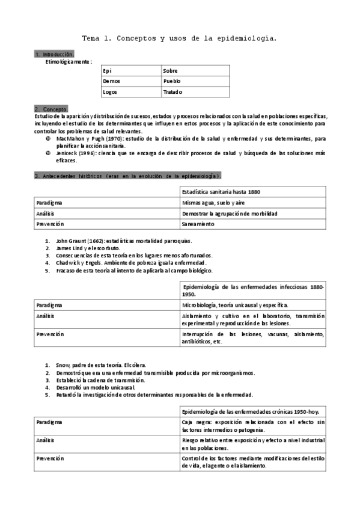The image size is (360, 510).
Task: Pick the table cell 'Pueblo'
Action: (172, 81)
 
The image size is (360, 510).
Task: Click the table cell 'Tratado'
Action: (172, 92)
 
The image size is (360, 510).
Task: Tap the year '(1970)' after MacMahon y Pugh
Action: (116, 139)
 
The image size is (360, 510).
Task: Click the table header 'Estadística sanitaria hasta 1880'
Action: (221, 191)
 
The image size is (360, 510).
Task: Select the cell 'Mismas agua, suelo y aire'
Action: (213, 203)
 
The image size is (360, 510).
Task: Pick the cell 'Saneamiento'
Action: (198, 224)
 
